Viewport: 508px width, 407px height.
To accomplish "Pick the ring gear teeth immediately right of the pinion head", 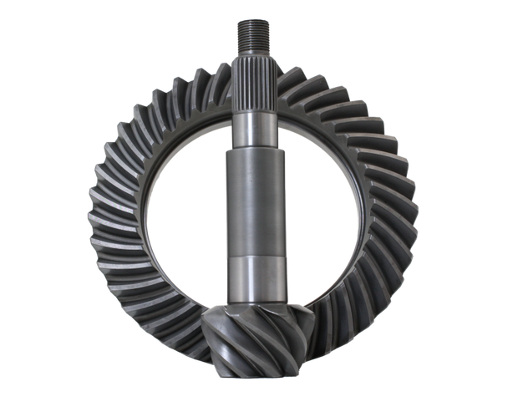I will click(x=313, y=322).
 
